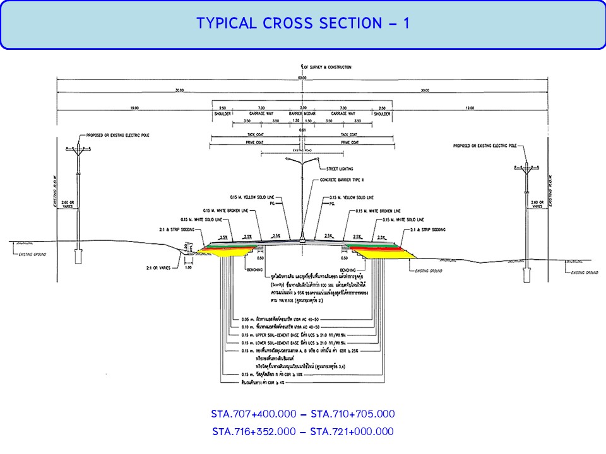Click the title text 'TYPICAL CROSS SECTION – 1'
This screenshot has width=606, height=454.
tap(303, 24)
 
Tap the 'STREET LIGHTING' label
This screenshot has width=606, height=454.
tap(339, 169)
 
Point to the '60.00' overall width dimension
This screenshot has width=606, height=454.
tap(303, 78)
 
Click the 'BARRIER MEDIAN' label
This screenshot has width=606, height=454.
tap(303, 113)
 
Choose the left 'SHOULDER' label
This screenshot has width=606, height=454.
tap(223, 113)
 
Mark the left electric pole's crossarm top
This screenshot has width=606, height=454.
tap(78, 148)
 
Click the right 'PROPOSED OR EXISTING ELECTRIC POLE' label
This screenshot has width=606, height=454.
tap(484, 146)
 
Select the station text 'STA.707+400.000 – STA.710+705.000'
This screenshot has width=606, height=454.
tap(303, 414)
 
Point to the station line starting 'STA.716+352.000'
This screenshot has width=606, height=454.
tap(303, 432)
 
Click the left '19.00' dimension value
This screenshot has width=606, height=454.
tap(134, 108)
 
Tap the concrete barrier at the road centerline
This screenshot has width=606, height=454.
tap(303, 239)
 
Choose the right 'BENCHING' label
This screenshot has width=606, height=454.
tap(348, 269)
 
